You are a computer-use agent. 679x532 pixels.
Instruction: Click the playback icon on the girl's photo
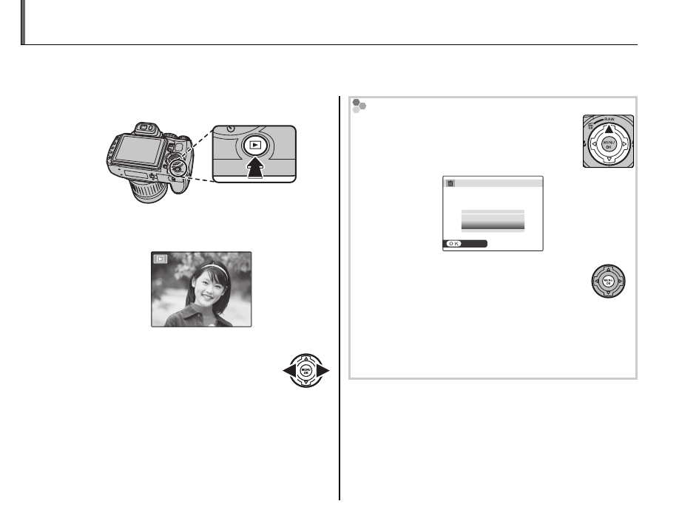[x=161, y=259]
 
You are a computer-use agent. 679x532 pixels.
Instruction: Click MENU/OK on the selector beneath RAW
[x=607, y=144]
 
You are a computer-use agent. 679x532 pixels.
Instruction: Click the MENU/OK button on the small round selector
[x=608, y=282]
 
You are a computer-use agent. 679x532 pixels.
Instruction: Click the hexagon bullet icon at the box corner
[x=359, y=106]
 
